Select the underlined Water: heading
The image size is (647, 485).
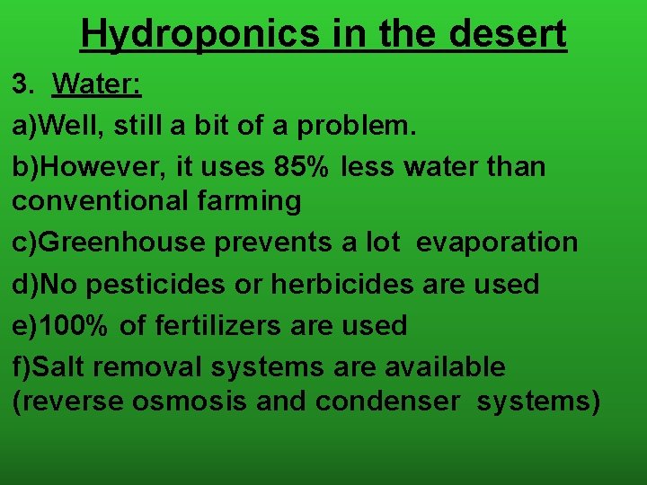97,86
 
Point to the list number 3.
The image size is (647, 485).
22,86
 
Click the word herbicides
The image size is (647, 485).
341,285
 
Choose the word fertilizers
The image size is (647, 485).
219,325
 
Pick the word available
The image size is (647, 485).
445,366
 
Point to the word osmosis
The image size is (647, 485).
190,401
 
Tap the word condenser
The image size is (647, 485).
386,401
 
